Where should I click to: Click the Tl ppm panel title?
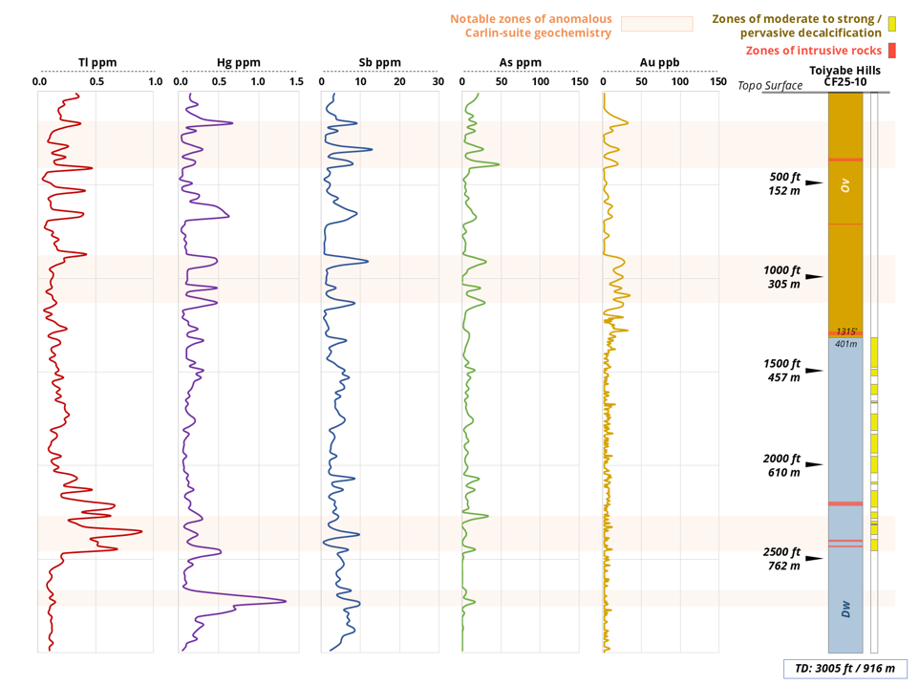click(x=97, y=63)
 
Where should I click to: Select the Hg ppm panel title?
click(x=239, y=63)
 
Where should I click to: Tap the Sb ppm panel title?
click(x=379, y=63)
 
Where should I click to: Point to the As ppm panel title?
click(x=521, y=63)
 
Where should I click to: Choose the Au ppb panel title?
click(x=660, y=63)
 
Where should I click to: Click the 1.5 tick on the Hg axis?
click(x=296, y=82)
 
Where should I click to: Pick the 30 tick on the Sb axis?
click(x=438, y=82)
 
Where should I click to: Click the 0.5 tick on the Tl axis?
click(x=97, y=82)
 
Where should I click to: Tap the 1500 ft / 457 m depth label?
click(x=782, y=371)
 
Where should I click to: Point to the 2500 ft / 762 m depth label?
click(x=782, y=559)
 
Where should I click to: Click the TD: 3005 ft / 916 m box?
click(x=844, y=669)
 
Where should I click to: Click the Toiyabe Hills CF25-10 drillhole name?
click(x=844, y=76)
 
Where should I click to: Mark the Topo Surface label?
click(x=770, y=86)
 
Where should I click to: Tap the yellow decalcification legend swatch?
click(x=892, y=25)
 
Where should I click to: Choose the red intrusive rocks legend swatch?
click(x=892, y=50)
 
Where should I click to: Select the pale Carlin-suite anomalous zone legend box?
click(x=657, y=25)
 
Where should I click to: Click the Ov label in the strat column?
click(x=845, y=184)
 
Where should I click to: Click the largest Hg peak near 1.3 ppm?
click(x=285, y=601)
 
